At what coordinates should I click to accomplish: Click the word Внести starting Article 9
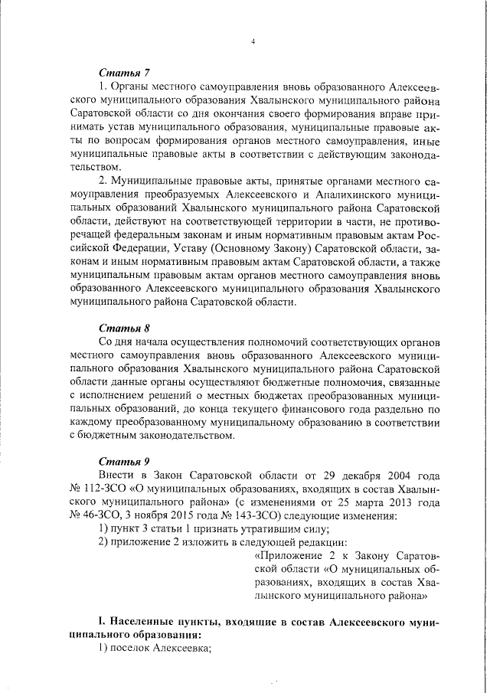point(117,475)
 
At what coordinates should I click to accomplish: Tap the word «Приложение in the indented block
point(287,557)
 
